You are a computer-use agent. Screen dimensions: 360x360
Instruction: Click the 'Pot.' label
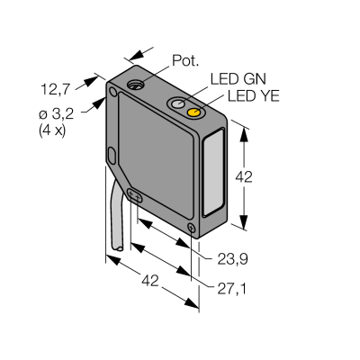pos(185,60)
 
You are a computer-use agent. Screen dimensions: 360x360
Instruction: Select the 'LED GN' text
pos(238,79)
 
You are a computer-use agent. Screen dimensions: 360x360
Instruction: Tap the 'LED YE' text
pos(254,95)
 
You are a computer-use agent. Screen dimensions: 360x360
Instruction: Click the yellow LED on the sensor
pos(193,112)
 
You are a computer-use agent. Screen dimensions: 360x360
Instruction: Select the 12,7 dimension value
pos(55,89)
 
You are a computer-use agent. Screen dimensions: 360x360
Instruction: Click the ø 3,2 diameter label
pos(57,115)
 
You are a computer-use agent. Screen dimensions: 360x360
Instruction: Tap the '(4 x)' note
pos(52,131)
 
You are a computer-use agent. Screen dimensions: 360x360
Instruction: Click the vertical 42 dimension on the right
pos(244,177)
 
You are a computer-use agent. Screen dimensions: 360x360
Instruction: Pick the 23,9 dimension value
pos(233,259)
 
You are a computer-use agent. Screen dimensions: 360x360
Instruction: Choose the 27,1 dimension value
pos(231,289)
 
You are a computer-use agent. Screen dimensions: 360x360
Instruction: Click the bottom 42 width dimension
pos(150,281)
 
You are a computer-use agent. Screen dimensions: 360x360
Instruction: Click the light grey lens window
pos(213,173)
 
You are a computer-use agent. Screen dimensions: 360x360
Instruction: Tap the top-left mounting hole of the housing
pos(113,92)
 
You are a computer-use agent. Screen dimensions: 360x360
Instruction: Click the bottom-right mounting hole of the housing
pos(192,228)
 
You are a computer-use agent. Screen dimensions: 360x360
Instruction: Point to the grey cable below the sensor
pos(116,217)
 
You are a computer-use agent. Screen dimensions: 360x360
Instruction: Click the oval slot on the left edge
pos(112,156)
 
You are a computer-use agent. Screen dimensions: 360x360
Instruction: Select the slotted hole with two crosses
pos(135,196)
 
